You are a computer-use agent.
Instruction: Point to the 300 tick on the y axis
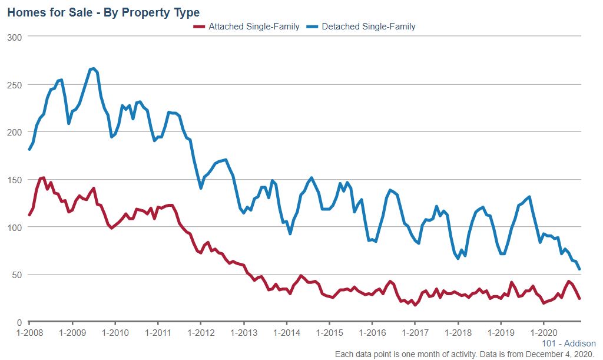(x=14, y=37)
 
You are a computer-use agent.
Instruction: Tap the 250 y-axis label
(x=14, y=85)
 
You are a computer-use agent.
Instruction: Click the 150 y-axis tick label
(x=14, y=180)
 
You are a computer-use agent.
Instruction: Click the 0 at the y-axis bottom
(x=19, y=322)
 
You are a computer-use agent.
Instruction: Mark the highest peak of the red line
(x=44, y=177)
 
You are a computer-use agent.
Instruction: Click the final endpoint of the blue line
(x=579, y=269)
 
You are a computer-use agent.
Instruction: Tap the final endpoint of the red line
(x=579, y=298)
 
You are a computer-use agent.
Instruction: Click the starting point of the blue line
(x=29, y=149)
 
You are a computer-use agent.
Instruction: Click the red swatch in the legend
(x=200, y=27)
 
